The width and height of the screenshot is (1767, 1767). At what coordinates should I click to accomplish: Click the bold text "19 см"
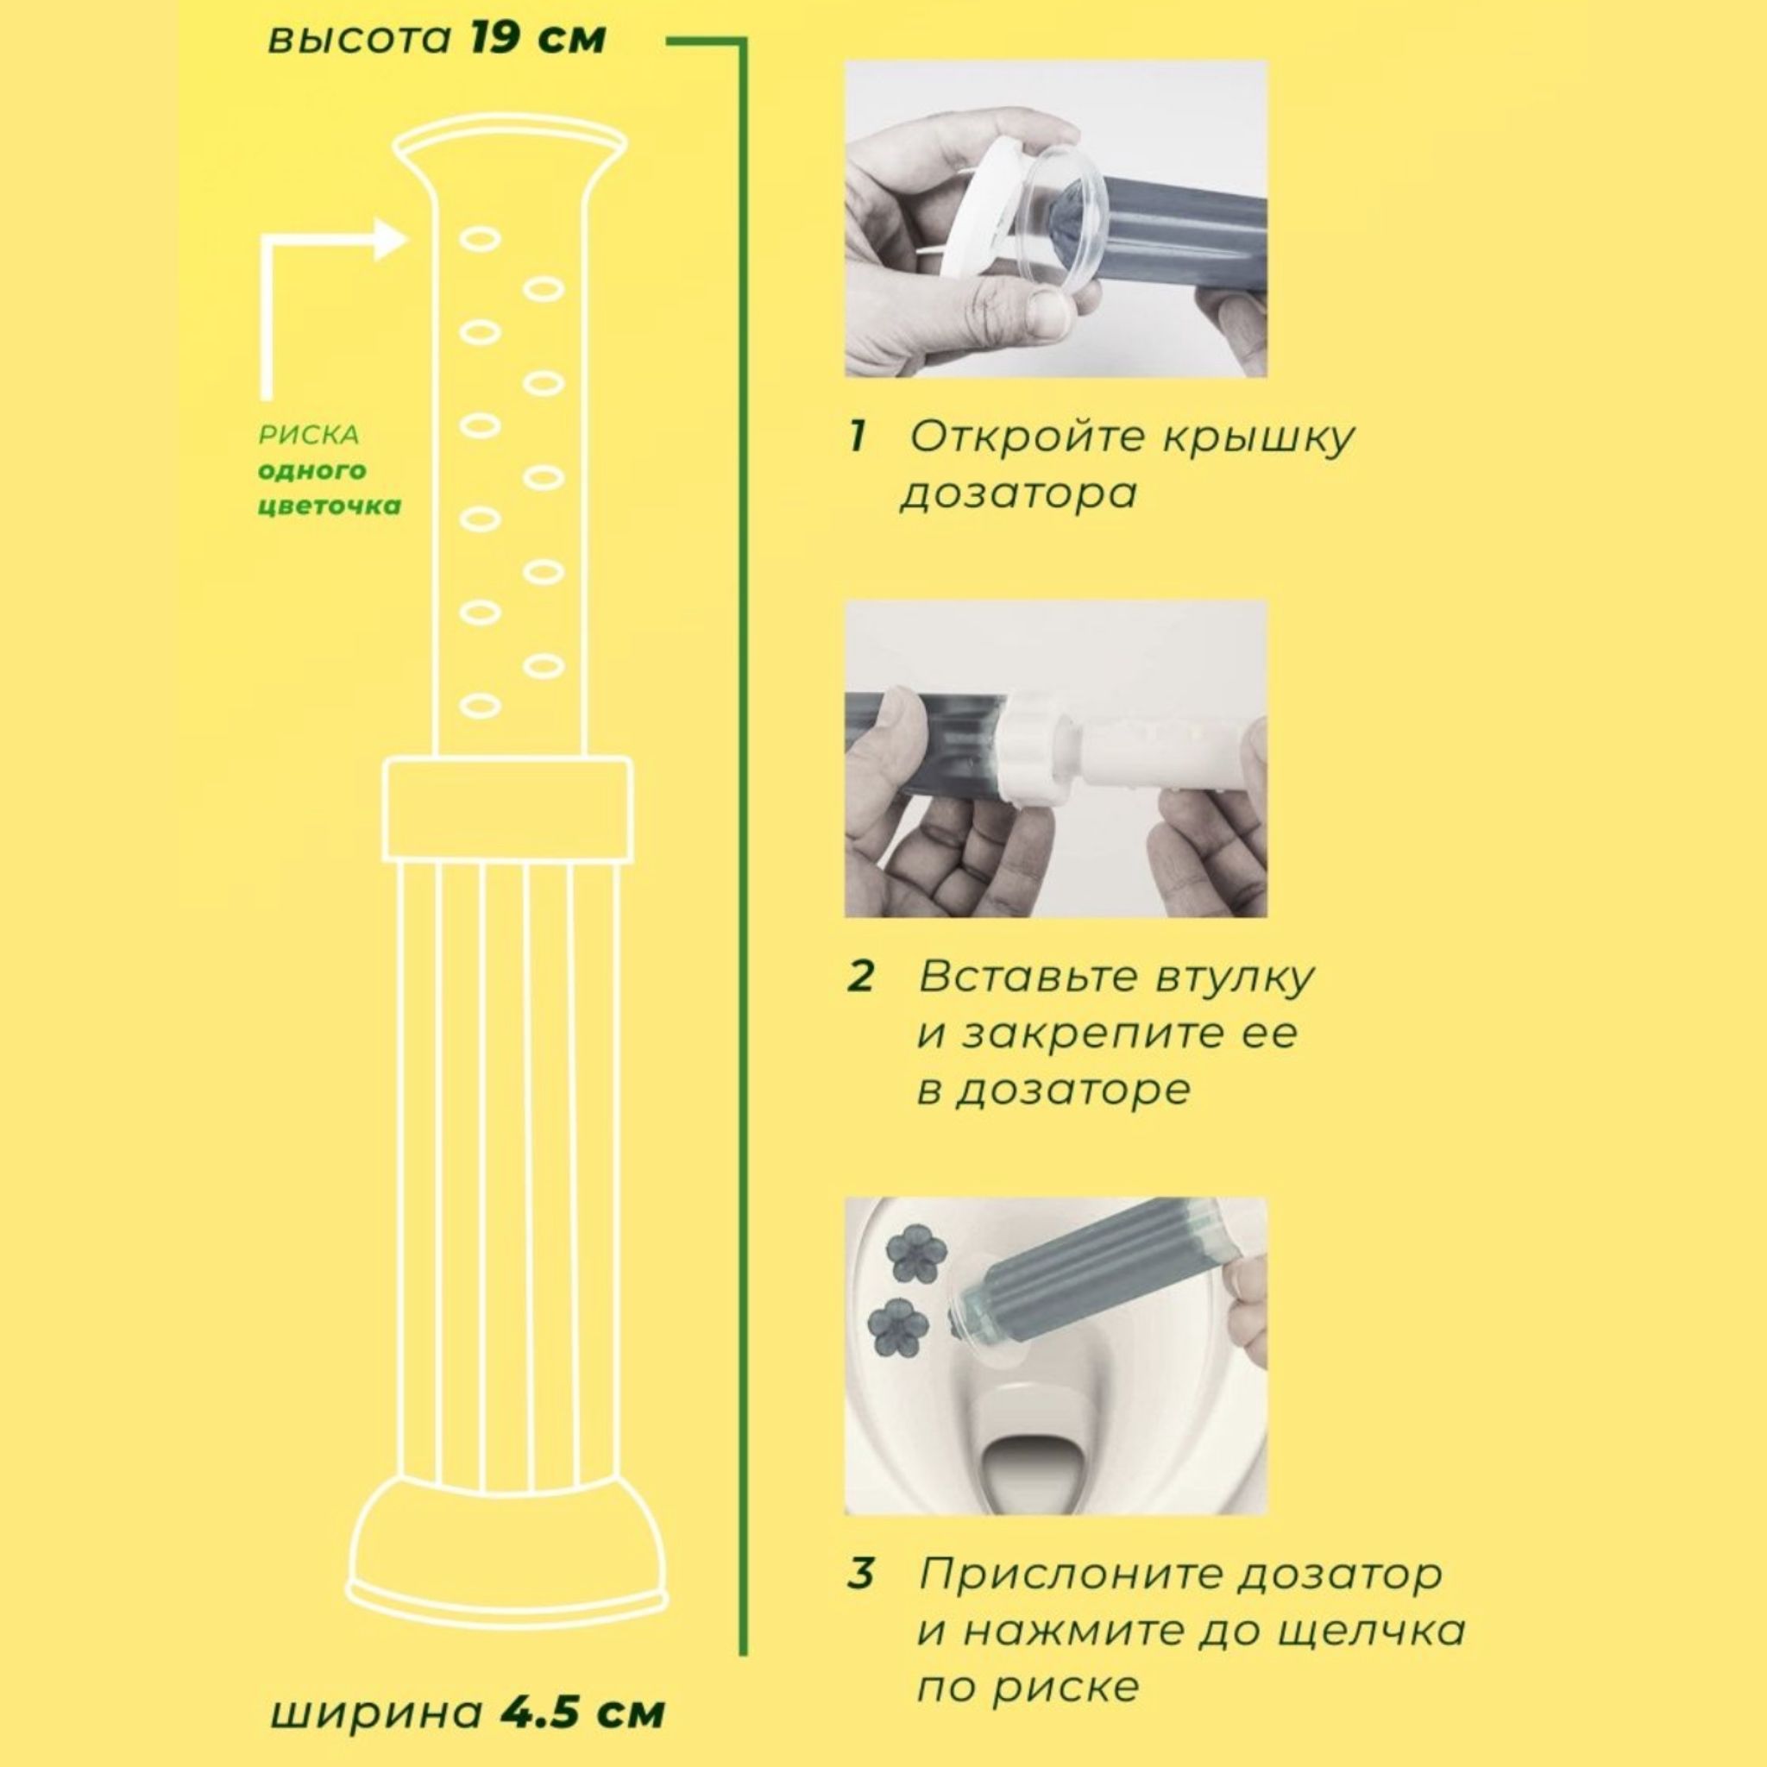click(x=538, y=40)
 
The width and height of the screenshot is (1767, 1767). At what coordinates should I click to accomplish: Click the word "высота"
click(x=360, y=41)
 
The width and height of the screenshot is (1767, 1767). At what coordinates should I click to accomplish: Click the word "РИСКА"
click(x=309, y=436)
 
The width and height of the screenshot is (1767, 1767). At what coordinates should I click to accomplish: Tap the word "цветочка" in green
click(x=330, y=506)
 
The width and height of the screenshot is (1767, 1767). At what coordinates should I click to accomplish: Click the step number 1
click(x=857, y=437)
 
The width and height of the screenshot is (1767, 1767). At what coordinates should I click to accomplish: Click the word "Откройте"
click(x=1028, y=438)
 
